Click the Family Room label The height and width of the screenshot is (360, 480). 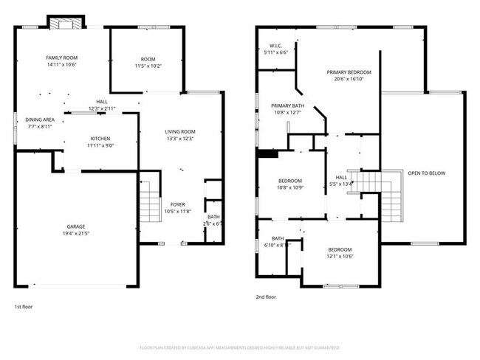(x=62, y=58)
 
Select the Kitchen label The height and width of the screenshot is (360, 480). (x=100, y=138)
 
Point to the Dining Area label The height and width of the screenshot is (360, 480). (x=40, y=120)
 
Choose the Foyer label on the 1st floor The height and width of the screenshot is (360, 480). (x=178, y=204)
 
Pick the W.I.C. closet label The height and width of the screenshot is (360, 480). (x=277, y=46)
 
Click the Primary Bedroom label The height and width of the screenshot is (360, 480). (x=349, y=72)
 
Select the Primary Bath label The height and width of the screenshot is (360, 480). (x=286, y=106)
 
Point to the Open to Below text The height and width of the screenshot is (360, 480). (x=424, y=174)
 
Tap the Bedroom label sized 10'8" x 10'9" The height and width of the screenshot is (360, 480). (x=290, y=181)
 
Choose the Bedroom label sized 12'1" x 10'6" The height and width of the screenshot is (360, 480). (x=340, y=249)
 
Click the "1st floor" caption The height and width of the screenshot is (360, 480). (x=24, y=306)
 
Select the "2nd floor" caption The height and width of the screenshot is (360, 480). (x=266, y=297)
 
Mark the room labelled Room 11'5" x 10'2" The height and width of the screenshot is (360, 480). (x=148, y=59)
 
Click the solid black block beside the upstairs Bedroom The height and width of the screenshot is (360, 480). (x=267, y=154)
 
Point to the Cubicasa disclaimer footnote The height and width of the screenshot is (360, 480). (x=239, y=347)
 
